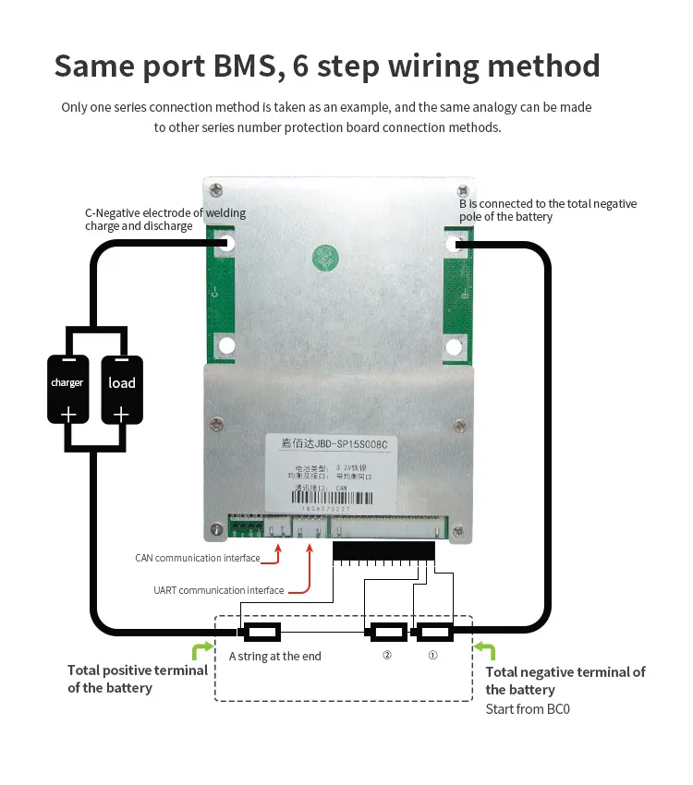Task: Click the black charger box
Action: click(x=67, y=389)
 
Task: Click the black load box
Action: click(x=121, y=389)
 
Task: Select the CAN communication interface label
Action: click(x=198, y=558)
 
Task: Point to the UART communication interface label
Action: click(x=218, y=590)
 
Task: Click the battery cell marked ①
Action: click(x=432, y=633)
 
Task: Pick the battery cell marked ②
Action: click(x=386, y=633)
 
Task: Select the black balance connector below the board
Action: click(x=383, y=552)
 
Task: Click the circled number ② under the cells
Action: click(x=387, y=656)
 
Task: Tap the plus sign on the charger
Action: click(x=67, y=415)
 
